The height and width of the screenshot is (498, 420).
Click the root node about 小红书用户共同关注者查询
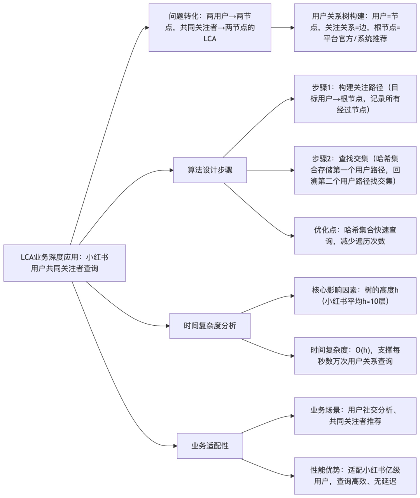65,263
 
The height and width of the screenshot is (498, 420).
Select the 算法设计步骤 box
210,170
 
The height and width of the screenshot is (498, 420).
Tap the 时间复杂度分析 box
210,326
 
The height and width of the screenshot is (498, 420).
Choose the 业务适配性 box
210,446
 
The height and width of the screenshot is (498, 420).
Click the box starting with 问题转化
210,28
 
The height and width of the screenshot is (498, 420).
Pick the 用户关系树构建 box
355,28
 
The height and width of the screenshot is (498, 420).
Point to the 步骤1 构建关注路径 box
355,99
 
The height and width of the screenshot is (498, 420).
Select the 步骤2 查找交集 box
355,170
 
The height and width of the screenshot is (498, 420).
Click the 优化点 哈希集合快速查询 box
355,236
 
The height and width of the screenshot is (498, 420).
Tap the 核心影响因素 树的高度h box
355,296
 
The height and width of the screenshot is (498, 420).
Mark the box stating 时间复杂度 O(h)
355,356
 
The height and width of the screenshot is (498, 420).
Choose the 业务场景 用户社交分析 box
355,416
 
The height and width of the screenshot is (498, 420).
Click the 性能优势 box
355,475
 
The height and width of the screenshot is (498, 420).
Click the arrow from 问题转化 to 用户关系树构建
282,28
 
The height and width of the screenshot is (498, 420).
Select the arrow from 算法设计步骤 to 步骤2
270,170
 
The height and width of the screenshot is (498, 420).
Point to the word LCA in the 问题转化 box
210,39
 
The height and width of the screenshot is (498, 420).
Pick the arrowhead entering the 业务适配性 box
175,446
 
